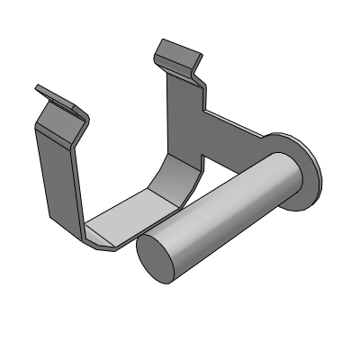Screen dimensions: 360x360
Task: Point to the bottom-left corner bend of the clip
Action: coord(99,242)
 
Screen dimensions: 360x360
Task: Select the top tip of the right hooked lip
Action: coord(163,41)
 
